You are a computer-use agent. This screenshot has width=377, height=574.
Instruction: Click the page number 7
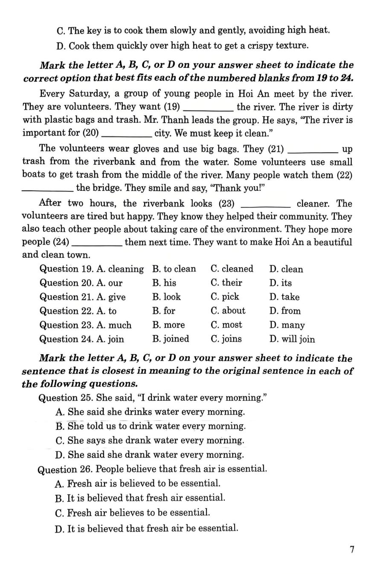point(352,549)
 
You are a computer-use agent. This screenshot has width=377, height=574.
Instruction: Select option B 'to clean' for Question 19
point(174,269)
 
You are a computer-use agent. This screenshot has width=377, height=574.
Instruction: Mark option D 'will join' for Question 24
point(292,339)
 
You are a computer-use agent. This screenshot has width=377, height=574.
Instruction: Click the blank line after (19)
point(207,108)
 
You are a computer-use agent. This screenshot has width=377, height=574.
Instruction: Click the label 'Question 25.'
point(66,398)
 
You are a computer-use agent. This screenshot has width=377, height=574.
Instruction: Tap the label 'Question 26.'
point(65,469)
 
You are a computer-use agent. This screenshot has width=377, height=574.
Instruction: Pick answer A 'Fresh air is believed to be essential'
point(138,484)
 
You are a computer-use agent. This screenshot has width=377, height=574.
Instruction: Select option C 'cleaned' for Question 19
point(232,269)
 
